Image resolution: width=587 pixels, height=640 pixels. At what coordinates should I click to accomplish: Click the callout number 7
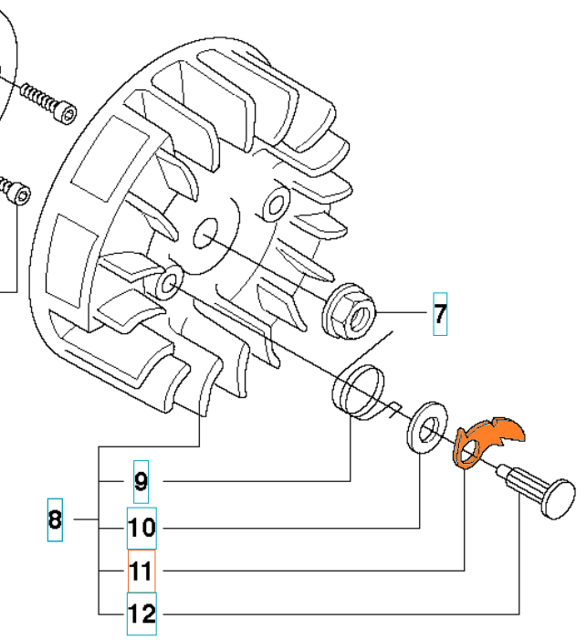click(440, 315)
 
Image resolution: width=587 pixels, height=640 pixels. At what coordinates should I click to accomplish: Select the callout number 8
click(55, 520)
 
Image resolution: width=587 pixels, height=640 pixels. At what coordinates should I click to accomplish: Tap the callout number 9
click(141, 481)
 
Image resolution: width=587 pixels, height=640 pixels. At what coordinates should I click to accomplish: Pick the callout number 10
click(142, 528)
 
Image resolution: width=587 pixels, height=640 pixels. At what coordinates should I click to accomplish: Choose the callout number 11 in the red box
click(142, 572)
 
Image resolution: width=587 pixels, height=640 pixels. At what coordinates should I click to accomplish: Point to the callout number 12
click(142, 614)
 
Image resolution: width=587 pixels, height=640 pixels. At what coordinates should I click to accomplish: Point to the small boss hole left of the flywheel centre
click(167, 284)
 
